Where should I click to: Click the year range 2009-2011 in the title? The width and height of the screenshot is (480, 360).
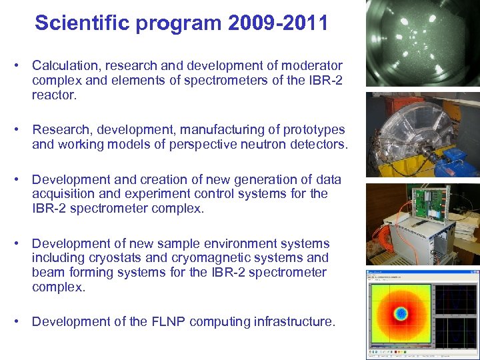278,23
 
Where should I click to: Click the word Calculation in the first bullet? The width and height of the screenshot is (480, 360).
63,66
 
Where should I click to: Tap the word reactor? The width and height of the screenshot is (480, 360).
54,95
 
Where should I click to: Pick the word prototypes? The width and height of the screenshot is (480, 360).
313,129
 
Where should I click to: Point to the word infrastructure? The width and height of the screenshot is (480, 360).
293,321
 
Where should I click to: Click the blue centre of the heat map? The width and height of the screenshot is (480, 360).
401,313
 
